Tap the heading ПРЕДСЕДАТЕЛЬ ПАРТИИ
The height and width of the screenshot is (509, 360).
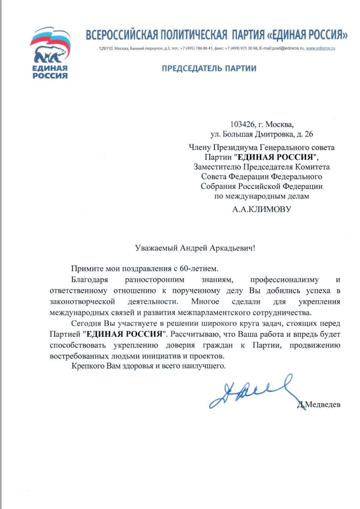pos(209,68)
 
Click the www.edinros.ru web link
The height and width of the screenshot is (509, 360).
pos(321,48)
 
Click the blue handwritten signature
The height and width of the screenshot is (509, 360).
pos(251,390)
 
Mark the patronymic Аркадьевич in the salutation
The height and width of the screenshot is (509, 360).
pos(226,248)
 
